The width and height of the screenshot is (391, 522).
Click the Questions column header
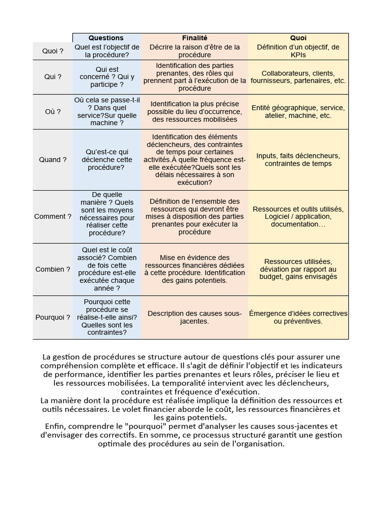coord(106,38)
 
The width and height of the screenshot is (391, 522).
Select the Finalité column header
coord(194,38)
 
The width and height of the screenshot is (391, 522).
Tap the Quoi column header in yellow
coord(298,38)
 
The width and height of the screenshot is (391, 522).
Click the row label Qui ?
coord(53,76)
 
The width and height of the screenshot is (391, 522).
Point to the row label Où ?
coord(53,112)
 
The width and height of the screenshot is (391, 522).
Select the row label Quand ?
coord(53,160)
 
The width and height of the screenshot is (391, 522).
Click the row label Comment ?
coord(53,216)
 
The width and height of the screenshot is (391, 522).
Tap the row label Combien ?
coord(53,269)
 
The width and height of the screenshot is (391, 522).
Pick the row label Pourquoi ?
coord(53,317)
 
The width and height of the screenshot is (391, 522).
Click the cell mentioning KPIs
coord(298,51)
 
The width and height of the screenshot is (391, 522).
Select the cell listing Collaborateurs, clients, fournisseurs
coord(298,76)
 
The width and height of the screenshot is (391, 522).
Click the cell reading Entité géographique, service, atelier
coord(298,112)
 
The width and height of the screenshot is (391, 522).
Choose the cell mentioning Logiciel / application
coord(298,217)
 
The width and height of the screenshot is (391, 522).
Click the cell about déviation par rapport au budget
coord(298,269)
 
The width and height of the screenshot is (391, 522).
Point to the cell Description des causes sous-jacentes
coord(194,317)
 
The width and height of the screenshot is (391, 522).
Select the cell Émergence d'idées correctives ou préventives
coord(298,317)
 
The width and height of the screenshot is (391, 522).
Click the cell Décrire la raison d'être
coord(194,51)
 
